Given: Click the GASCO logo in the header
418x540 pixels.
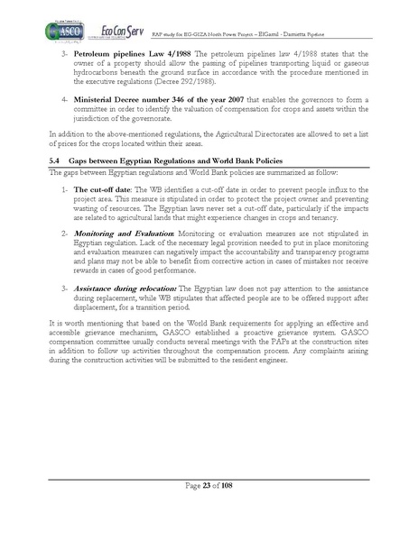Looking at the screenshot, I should [57, 31].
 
